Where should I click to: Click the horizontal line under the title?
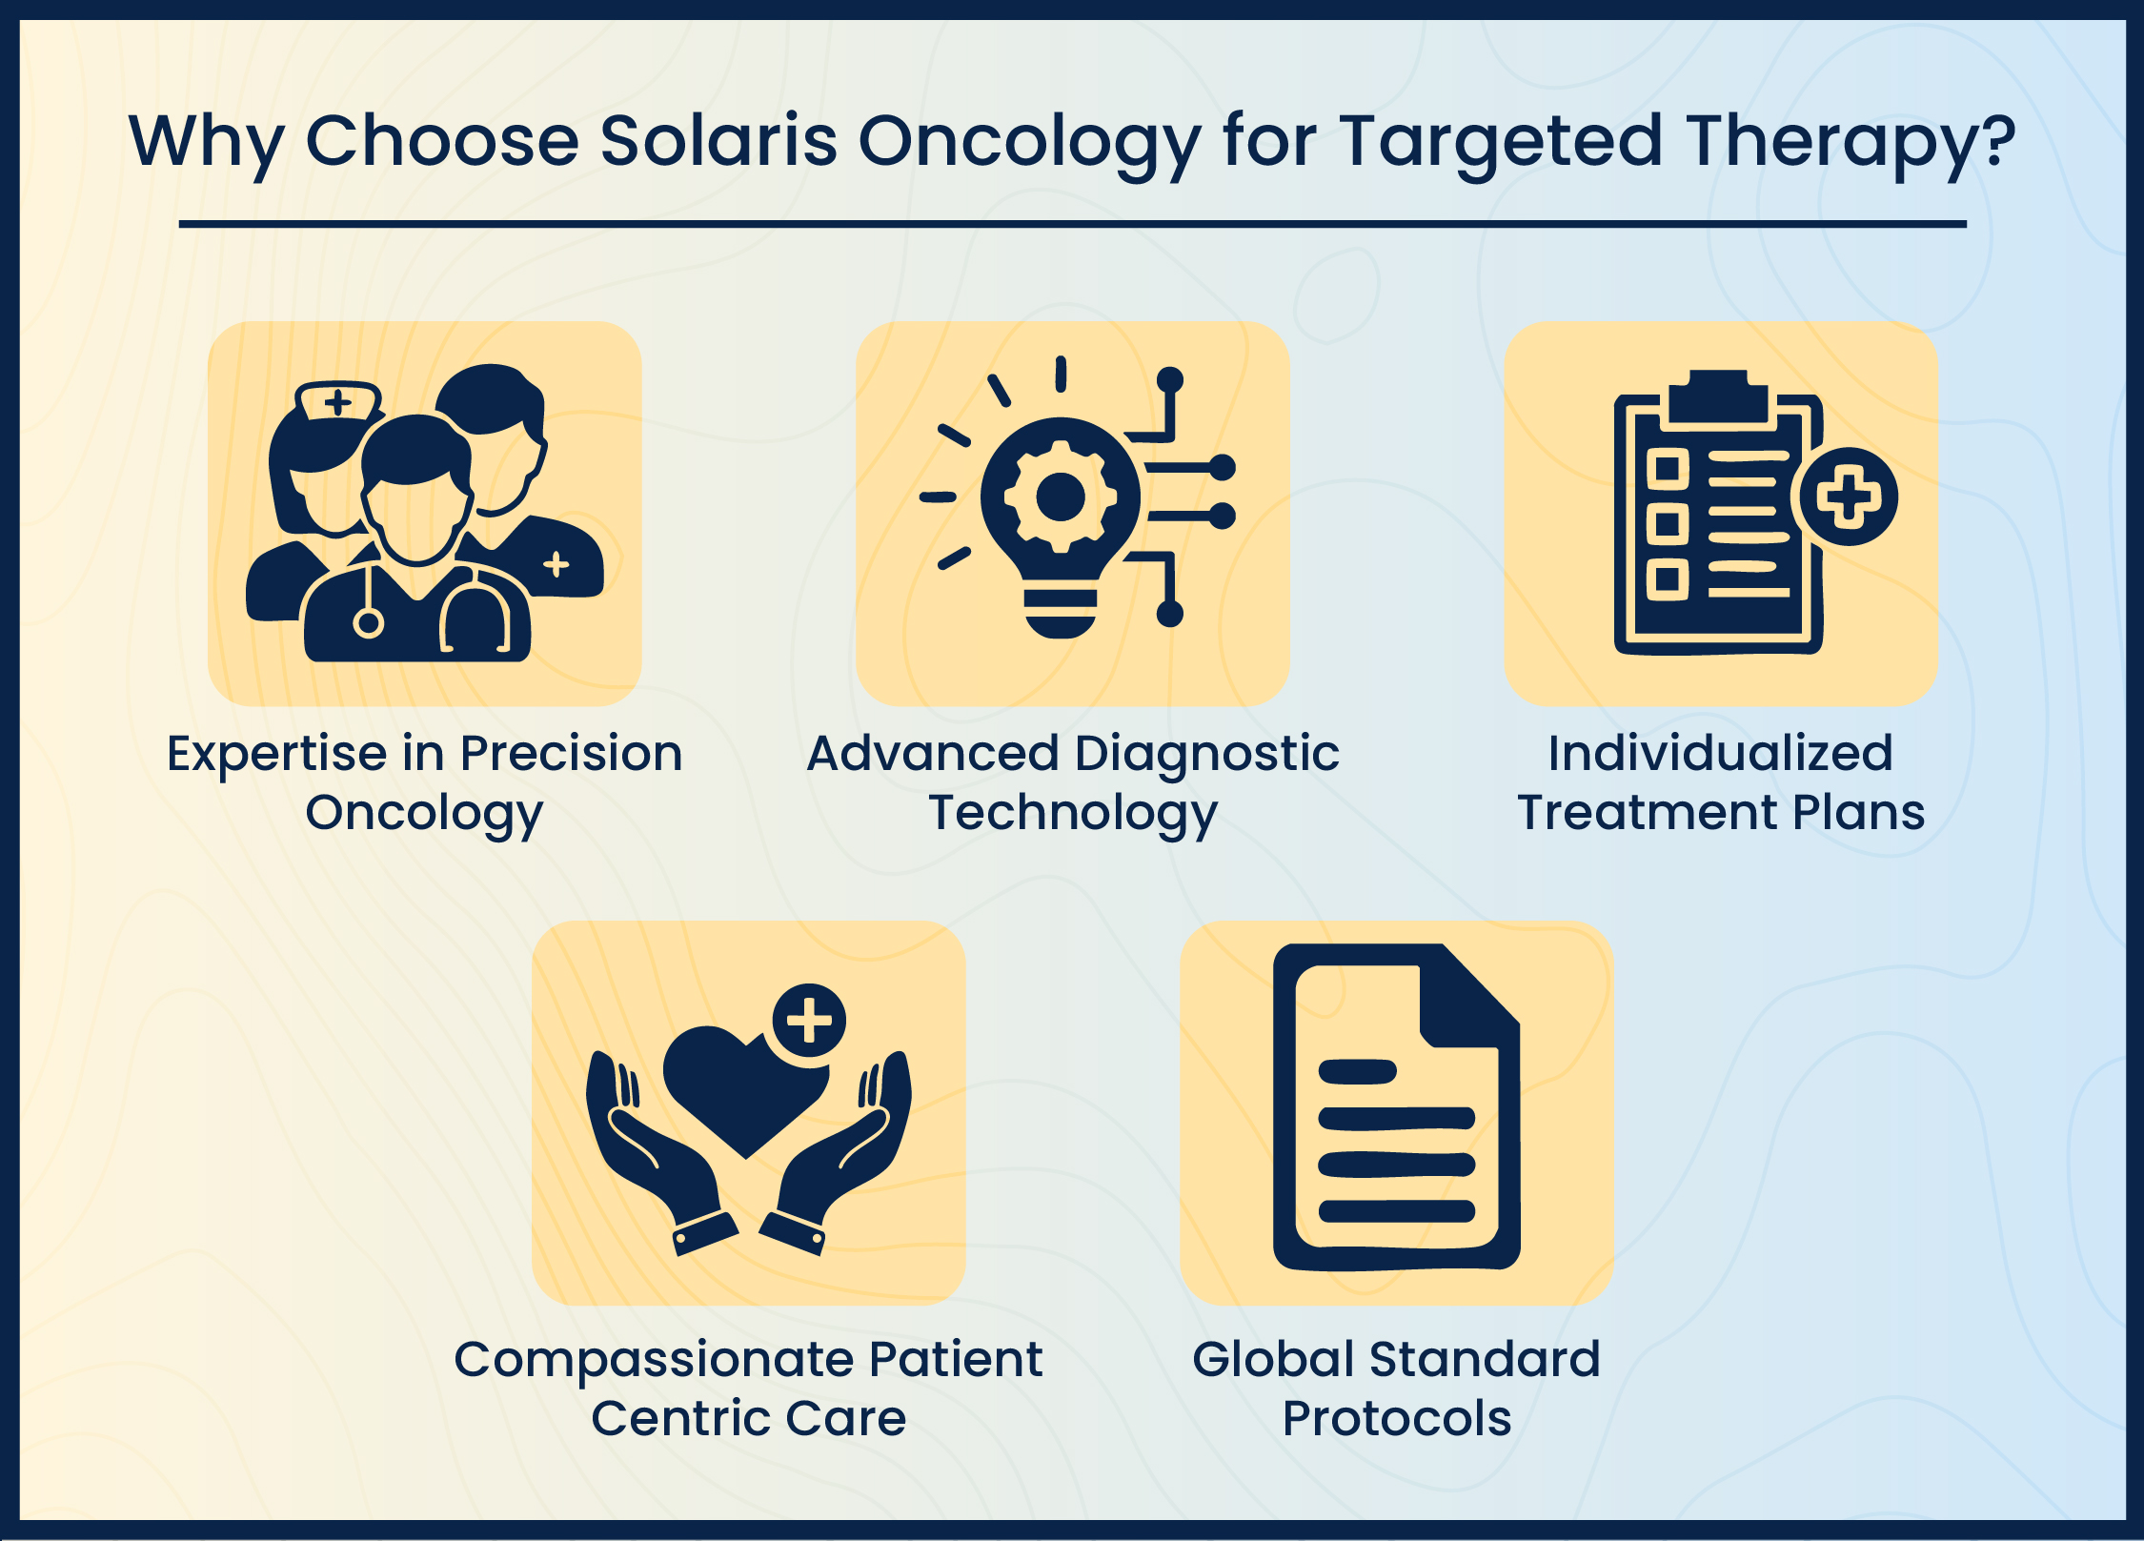(1072, 224)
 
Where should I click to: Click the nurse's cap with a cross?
(338, 401)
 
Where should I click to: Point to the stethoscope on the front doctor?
(474, 615)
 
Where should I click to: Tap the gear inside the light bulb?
(1060, 497)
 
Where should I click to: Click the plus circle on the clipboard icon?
(1848, 497)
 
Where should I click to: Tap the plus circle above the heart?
(809, 1020)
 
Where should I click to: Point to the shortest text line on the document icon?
(1357, 1071)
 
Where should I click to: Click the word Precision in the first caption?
(571, 754)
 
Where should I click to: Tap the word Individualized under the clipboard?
(1720, 754)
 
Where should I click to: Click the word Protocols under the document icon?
(1396, 1419)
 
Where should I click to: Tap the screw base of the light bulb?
(1060, 615)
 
